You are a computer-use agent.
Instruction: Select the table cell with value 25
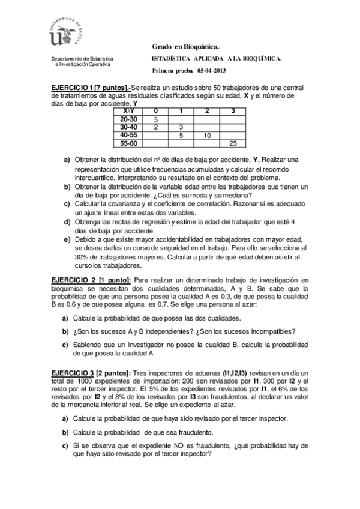[233, 143]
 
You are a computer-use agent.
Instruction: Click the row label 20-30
[128, 119]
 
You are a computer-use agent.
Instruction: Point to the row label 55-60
[128, 143]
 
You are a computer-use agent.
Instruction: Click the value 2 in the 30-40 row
[156, 127]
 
